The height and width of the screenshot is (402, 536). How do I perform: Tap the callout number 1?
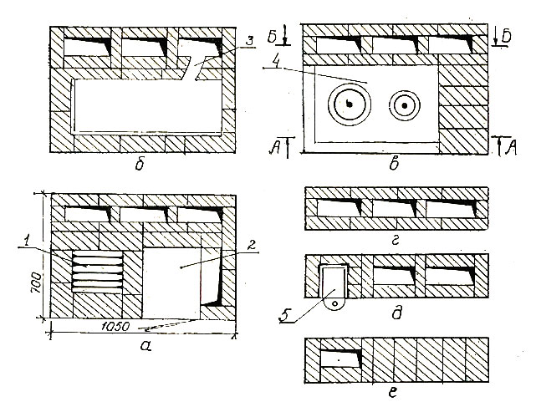[23, 242]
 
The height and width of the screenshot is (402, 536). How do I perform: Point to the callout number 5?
[283, 316]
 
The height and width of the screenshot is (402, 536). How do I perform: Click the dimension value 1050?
[115, 327]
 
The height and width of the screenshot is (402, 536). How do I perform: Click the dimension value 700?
[37, 283]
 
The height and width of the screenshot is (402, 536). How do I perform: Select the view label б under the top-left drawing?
[139, 166]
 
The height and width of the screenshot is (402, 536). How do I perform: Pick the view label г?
[395, 242]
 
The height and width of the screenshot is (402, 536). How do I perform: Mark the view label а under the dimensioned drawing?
[145, 346]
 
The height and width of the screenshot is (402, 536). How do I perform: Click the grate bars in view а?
[98, 272]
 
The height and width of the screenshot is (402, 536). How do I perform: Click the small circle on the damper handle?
[335, 303]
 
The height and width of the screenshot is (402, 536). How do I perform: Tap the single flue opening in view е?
[340, 358]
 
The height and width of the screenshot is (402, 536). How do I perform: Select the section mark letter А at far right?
[511, 148]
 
